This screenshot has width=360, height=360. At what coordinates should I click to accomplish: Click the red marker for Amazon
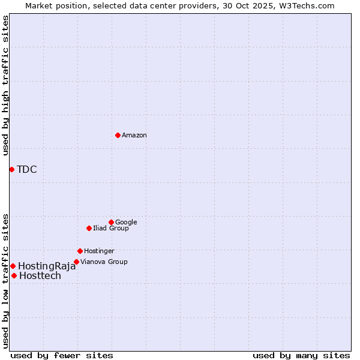pos(118,135)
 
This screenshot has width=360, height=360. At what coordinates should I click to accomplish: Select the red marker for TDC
pos(11,169)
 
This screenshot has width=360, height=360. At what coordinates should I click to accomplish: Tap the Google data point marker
pos(111,222)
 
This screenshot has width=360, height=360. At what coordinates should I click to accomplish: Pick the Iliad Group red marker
pos(89,228)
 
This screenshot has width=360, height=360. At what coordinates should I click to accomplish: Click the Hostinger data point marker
pos(80,251)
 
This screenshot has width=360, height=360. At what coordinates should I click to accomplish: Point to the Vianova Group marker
pos(76,262)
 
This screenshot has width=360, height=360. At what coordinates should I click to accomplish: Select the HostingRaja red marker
pos(13,266)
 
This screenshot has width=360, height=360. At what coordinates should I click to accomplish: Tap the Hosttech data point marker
pos(14,275)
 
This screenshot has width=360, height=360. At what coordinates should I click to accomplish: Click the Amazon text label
pos(134,136)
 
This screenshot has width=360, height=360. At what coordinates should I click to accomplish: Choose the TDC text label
pos(27,170)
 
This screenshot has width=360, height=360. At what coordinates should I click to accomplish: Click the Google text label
pos(126,223)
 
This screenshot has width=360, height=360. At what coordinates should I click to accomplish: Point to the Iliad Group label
pos(111,229)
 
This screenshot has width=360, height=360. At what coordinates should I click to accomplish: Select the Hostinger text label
pos(99,251)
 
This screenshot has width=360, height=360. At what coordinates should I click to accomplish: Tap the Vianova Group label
pos(104,262)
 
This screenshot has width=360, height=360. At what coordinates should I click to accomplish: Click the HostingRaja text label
pos(47,266)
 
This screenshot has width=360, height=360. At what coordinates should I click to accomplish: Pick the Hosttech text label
pos(40,276)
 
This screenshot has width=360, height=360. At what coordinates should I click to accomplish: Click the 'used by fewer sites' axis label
pos(62,356)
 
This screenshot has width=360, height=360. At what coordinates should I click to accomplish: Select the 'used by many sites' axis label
pos(301,356)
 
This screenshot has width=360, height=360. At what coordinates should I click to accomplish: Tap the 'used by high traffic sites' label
pos(5,85)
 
